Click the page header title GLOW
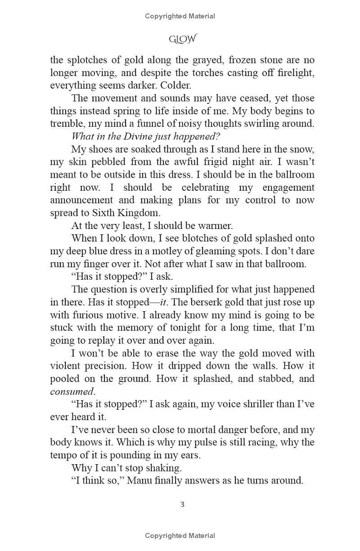(x=182, y=40)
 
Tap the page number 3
(x=182, y=504)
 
